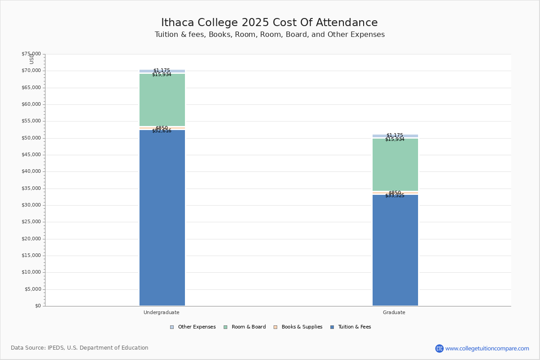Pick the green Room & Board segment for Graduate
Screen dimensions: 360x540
(395, 165)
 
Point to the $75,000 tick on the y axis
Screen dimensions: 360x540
(31, 54)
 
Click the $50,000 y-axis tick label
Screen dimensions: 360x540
(31, 138)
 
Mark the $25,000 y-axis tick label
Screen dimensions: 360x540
(31, 222)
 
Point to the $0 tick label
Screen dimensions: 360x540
(37, 306)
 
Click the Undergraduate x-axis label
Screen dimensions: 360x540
(162, 312)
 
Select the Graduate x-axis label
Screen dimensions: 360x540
(394, 312)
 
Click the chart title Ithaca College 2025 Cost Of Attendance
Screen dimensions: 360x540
(270, 23)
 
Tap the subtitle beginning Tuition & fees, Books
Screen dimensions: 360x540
(270, 35)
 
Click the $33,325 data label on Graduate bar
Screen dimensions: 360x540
(395, 196)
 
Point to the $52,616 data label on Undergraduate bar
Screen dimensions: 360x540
(162, 131)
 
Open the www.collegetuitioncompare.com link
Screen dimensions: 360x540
(487, 348)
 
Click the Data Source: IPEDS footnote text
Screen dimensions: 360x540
(80, 348)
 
